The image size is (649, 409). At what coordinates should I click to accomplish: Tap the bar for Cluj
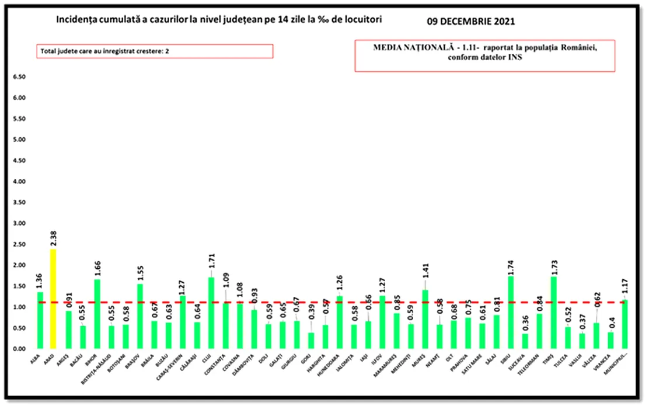pos(211,313)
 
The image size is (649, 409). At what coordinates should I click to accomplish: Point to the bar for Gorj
pos(310,341)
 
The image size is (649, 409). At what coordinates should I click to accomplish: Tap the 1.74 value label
pos(511,265)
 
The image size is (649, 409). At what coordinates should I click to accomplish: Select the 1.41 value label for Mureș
pos(425,272)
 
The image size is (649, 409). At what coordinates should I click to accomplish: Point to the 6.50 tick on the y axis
pos(19,77)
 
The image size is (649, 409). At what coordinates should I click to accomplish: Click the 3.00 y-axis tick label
pos(19,223)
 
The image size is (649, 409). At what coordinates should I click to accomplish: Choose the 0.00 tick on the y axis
pos(19,349)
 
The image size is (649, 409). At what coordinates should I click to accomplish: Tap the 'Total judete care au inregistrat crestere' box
pos(155,51)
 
